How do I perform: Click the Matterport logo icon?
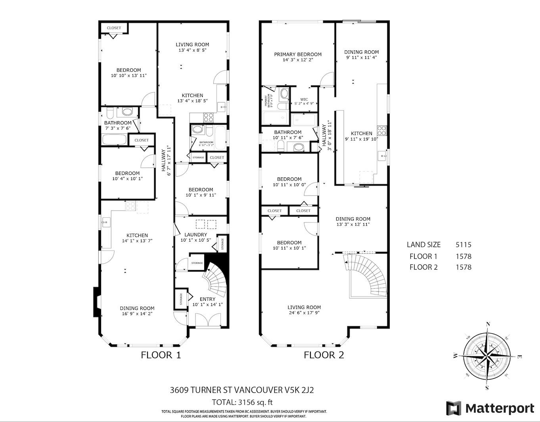(454, 408)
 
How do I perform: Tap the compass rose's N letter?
(488, 324)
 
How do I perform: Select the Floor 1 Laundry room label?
(195, 234)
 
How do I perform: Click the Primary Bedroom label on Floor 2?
(297, 54)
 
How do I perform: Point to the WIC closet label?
(304, 99)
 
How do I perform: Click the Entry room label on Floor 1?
(207, 299)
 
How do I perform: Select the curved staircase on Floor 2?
(367, 275)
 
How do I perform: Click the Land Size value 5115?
(463, 245)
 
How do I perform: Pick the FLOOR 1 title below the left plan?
(161, 355)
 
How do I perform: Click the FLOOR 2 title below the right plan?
(324, 355)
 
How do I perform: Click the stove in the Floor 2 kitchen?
(382, 130)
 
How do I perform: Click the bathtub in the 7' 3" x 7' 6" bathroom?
(114, 140)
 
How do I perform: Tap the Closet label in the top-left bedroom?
(114, 28)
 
